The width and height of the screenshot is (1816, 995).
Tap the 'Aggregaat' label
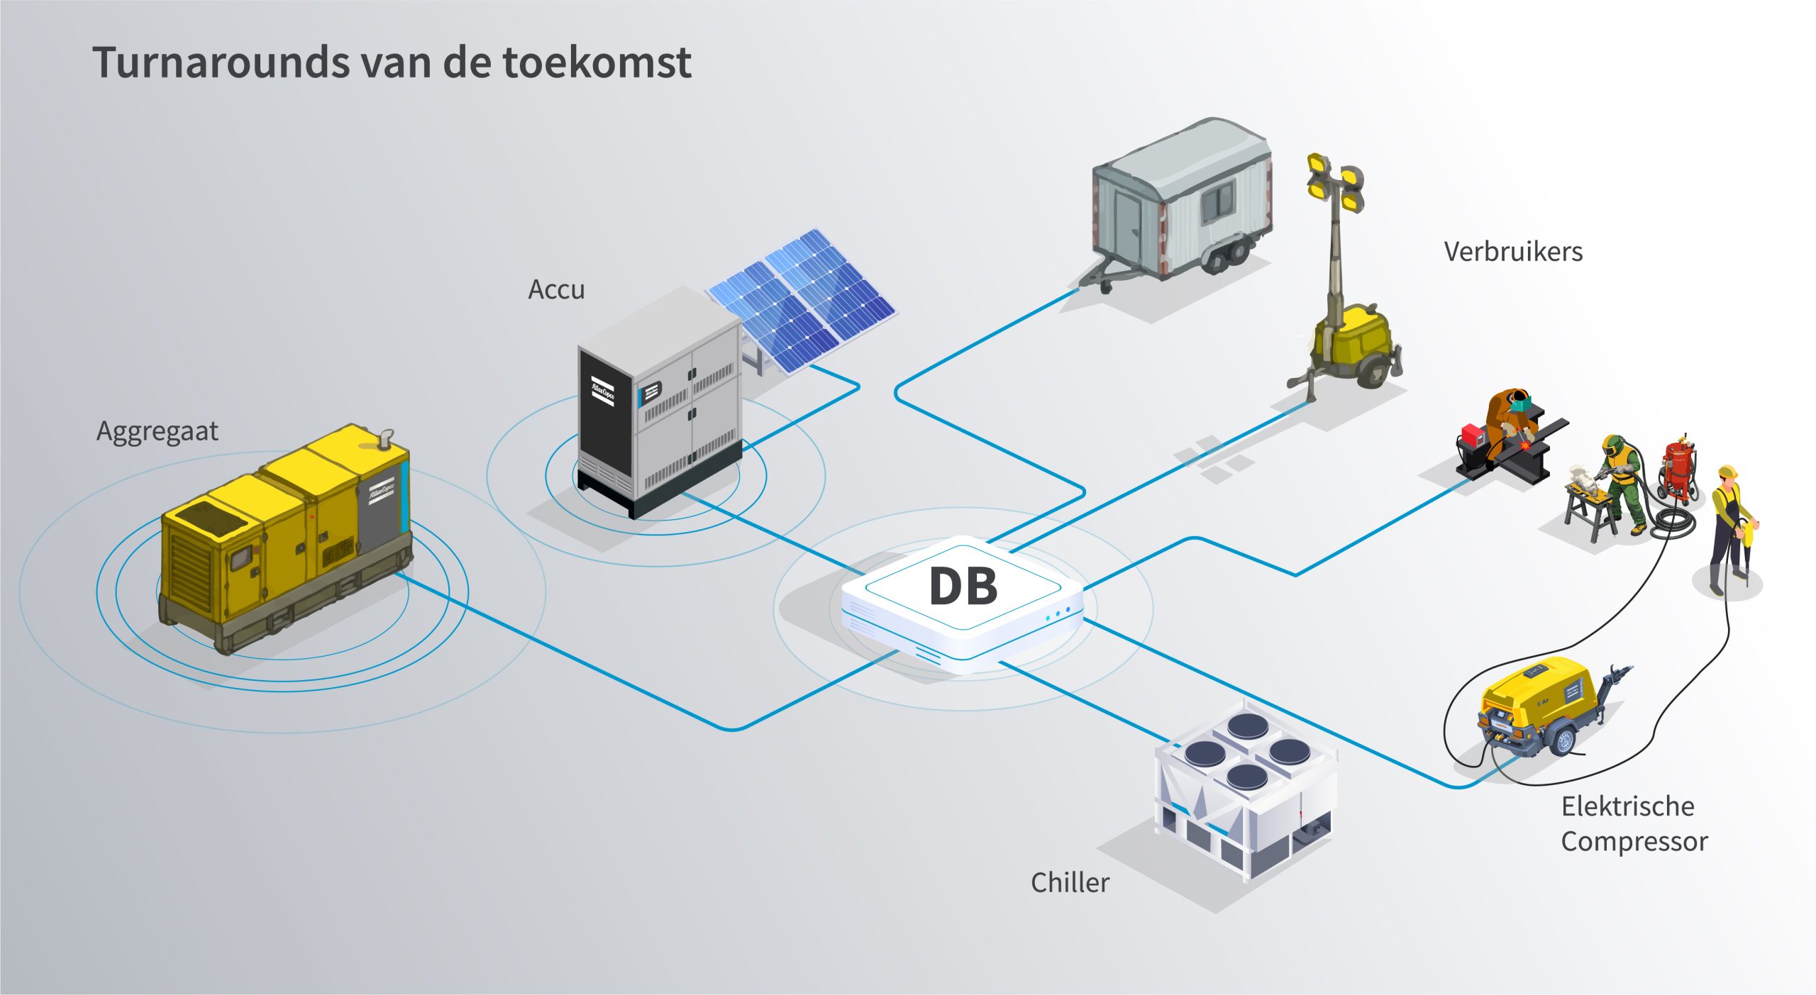[157, 431]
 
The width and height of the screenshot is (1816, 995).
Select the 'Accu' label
[556, 289]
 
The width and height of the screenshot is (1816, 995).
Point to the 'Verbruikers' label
[1513, 252]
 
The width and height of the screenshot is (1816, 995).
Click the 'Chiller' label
[1070, 882]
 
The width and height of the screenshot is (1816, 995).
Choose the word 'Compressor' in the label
[1634, 842]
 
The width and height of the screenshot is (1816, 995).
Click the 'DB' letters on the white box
[963, 587]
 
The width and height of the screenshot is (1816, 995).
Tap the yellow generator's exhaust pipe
[384, 438]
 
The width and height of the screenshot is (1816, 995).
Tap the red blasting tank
[1678, 468]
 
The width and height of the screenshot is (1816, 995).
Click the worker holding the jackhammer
[1729, 525]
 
